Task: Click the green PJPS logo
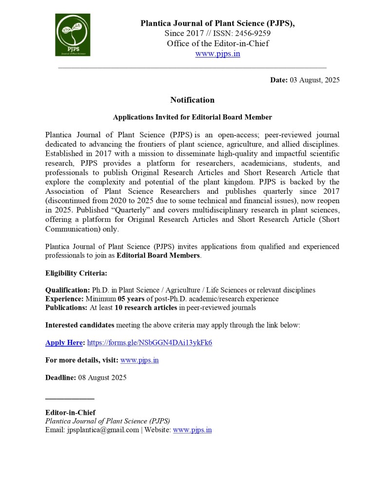coord(73,35)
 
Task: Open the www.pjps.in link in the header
coord(218,54)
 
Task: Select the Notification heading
coord(192,100)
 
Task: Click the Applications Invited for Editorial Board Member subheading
coord(192,117)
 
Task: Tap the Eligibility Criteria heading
coord(76,273)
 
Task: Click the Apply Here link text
coord(64,343)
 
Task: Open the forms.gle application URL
coord(149,343)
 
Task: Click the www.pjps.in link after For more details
coord(139,360)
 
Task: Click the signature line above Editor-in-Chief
coord(70,399)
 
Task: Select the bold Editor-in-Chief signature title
coord(70,413)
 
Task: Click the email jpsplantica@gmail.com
coord(103,430)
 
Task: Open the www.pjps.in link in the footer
coord(192,430)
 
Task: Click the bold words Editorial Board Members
coord(158,256)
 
